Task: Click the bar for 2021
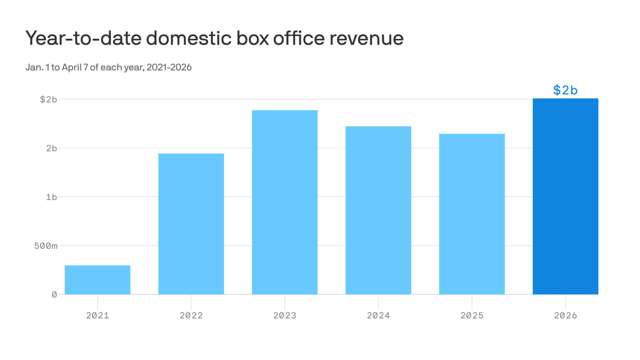97,280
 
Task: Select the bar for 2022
191,224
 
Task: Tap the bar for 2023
285,202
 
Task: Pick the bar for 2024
379,210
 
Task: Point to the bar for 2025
472,214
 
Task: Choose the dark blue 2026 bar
566,196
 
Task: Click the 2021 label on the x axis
97,315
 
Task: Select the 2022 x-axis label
191,315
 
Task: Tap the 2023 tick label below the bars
285,315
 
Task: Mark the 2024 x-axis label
379,315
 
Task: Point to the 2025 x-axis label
472,315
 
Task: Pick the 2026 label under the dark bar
566,315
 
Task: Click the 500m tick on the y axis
45,246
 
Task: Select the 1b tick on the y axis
51,197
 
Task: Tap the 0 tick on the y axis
54,294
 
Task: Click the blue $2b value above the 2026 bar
566,90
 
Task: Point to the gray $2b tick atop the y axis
48,99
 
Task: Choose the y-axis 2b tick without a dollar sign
51,148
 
